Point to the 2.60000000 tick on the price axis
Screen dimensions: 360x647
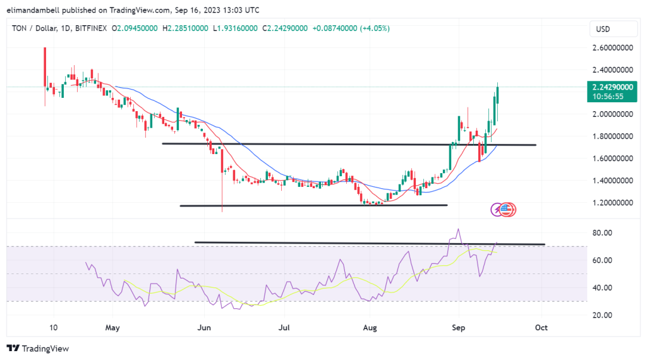611,47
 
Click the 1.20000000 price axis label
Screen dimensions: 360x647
611,203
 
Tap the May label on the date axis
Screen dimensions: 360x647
112,328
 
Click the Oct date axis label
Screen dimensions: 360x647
541,328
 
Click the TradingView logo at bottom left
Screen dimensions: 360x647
37,348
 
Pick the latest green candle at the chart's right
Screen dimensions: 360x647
498,95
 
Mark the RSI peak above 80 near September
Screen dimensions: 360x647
458,229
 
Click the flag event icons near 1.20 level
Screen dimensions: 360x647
504,209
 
